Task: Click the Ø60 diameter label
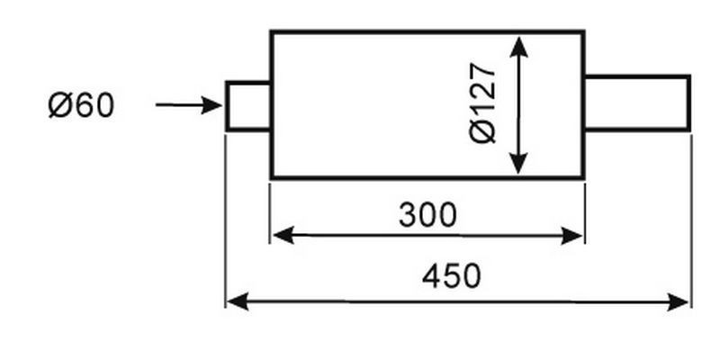click(x=81, y=106)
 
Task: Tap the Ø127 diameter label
click(x=482, y=103)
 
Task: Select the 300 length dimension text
click(x=427, y=214)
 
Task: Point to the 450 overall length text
click(x=452, y=276)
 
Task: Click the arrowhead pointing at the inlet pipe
click(x=212, y=105)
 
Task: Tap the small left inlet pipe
click(x=248, y=106)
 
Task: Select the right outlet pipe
click(x=637, y=103)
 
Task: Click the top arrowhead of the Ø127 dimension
click(x=518, y=47)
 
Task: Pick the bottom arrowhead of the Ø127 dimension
click(x=518, y=165)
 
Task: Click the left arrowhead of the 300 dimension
click(x=283, y=235)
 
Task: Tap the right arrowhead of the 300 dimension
click(x=571, y=236)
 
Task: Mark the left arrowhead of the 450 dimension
click(x=238, y=301)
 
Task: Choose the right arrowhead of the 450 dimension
click(x=678, y=302)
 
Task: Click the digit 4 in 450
click(x=431, y=276)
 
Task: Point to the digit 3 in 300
click(x=408, y=214)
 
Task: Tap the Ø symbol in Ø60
click(x=60, y=106)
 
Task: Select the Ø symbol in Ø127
click(x=483, y=130)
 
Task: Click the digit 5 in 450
click(x=452, y=276)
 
